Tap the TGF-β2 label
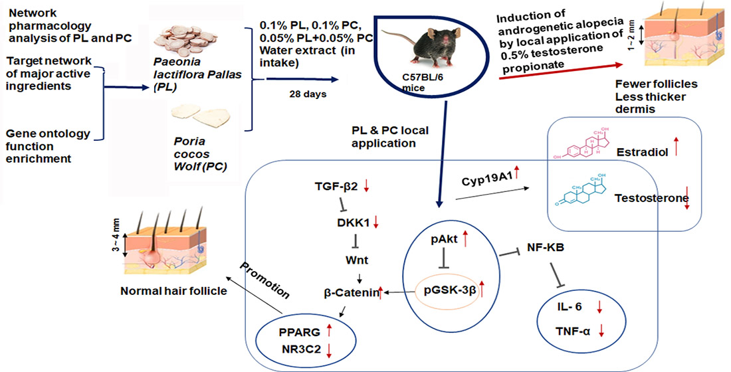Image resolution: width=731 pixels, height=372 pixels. point(336,187)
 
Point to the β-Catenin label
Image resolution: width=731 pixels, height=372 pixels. point(350,292)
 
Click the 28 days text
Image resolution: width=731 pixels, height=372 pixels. point(307,94)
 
